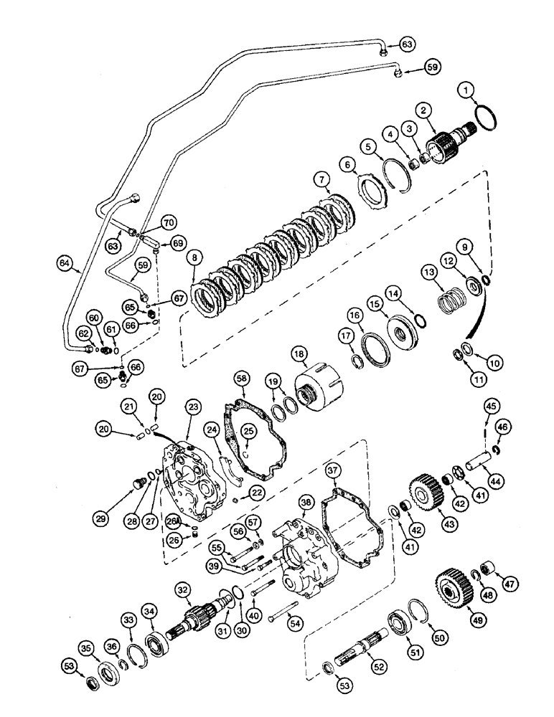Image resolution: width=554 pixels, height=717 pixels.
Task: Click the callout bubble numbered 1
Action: [467, 90]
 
